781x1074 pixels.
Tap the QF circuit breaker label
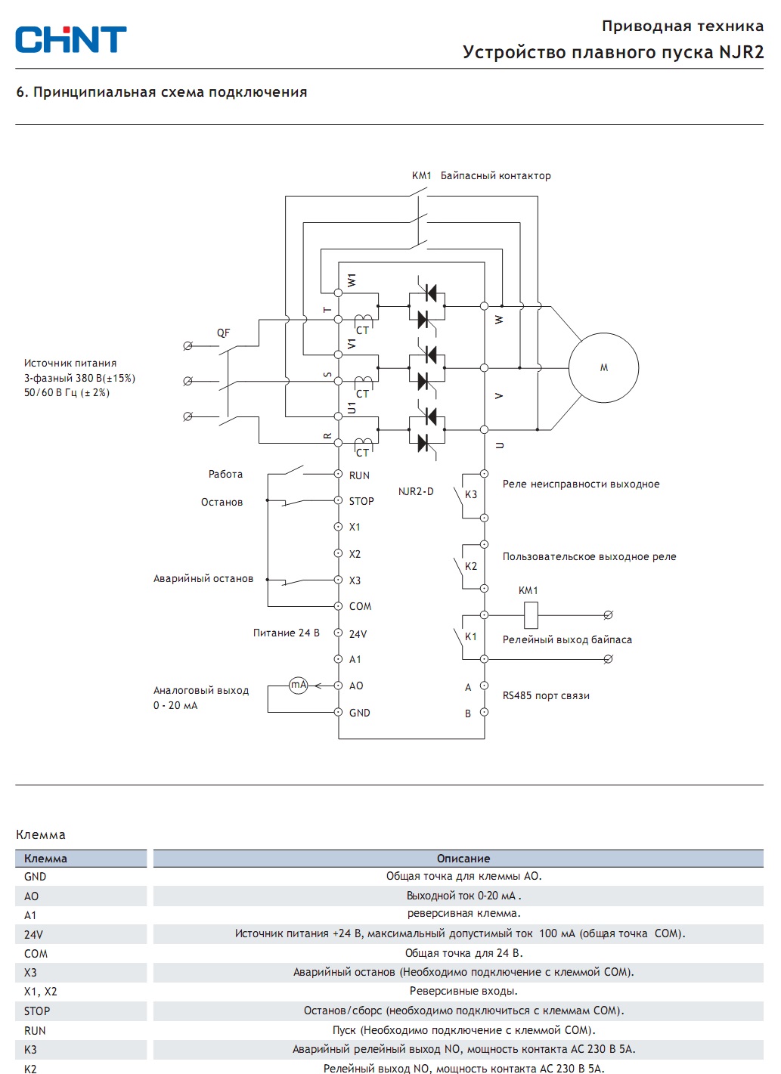[223, 333]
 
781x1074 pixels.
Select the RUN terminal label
[359, 475]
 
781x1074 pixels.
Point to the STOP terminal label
[361, 501]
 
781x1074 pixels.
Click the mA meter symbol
[299, 686]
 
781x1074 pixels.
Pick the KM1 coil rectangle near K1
[531, 615]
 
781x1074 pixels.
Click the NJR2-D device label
[416, 491]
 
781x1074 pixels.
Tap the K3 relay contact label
[470, 494]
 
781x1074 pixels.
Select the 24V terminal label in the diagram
[358, 634]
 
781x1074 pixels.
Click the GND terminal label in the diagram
[359, 713]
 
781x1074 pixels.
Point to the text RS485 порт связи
[546, 695]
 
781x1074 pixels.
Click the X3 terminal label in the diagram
[355, 580]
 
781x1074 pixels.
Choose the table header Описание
[463, 859]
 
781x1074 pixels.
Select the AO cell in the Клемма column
[31, 896]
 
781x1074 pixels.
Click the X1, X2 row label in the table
[40, 992]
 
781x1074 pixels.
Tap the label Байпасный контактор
[495, 176]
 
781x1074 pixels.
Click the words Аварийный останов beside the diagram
[203, 578]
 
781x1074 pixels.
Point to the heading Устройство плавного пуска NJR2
[613, 52]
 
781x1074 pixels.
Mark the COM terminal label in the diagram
[361, 606]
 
